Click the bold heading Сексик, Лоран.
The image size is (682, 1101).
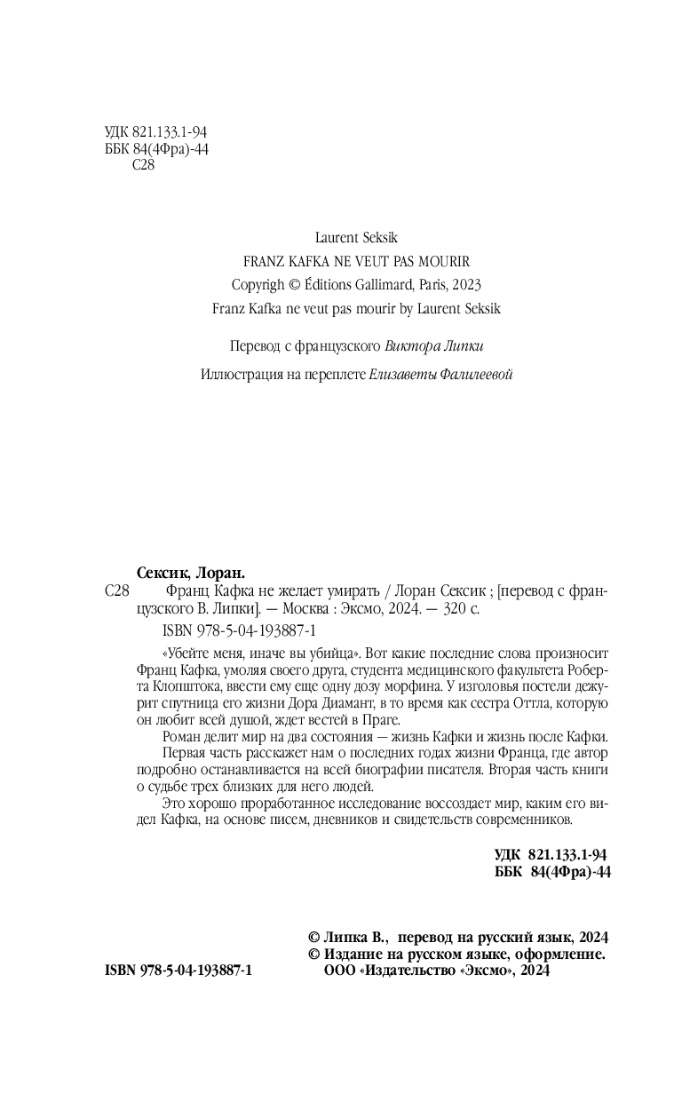(x=192, y=573)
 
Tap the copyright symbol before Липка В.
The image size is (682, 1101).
(x=313, y=937)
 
